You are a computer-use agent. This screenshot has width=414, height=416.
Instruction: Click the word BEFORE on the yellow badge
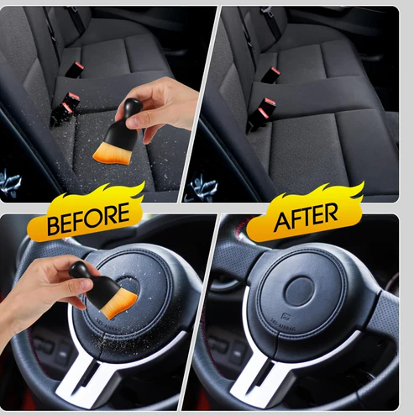(x=88, y=219)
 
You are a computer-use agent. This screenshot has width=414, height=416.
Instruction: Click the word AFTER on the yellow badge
(x=306, y=217)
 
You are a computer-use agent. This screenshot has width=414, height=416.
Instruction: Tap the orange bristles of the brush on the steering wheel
(x=121, y=304)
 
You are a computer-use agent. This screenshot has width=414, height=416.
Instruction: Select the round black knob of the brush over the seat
(x=132, y=106)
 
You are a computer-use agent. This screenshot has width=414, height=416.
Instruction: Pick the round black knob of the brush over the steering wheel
(x=79, y=270)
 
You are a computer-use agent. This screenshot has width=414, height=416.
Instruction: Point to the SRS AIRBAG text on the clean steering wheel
(x=283, y=325)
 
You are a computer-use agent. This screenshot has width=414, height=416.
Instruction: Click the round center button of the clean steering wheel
(x=299, y=292)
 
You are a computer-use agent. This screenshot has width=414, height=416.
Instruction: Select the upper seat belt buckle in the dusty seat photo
(x=74, y=69)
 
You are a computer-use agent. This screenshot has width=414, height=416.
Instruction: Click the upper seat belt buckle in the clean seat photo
(x=270, y=74)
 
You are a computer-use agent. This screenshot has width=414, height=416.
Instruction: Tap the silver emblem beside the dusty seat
(x=10, y=181)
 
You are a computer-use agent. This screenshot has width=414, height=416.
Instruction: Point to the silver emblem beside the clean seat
(x=203, y=186)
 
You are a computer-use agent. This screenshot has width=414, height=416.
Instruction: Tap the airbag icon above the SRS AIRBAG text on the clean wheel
(x=286, y=317)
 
